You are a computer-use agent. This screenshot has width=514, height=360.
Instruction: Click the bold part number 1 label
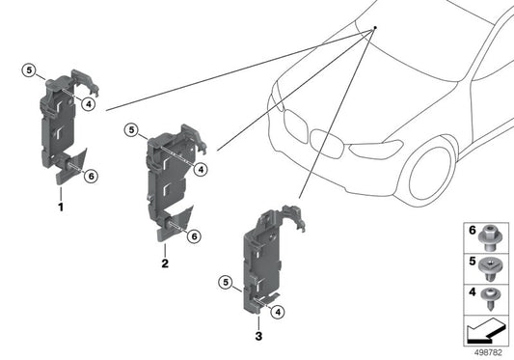(61, 207)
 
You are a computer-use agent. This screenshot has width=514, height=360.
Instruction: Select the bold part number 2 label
(165, 263)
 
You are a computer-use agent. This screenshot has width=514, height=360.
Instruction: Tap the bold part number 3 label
(258, 336)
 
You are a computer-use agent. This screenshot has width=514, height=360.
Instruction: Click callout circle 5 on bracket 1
(30, 70)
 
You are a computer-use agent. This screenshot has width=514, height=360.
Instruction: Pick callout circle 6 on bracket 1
(90, 176)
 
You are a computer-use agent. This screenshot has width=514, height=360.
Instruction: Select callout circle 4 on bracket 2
(201, 170)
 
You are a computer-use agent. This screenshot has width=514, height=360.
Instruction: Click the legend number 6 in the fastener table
(472, 232)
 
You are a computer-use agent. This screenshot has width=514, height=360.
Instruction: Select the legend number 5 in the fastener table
(472, 262)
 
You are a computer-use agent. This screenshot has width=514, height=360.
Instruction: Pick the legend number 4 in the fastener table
(472, 290)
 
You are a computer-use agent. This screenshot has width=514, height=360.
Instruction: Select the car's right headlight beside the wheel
(376, 150)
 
